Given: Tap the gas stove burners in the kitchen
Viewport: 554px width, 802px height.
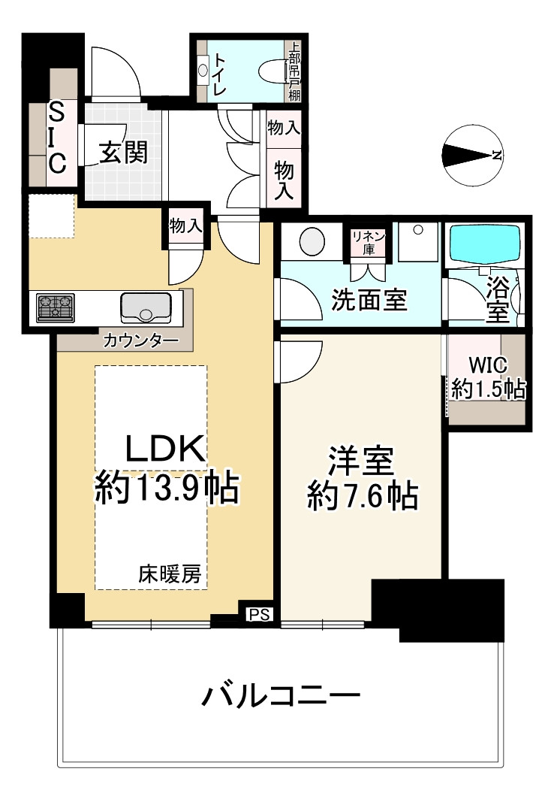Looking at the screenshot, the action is [56, 308].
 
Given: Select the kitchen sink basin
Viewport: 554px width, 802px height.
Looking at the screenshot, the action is [146, 307].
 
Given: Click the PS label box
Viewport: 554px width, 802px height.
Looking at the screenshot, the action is [259, 614].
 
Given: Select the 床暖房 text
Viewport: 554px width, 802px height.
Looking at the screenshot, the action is [170, 574].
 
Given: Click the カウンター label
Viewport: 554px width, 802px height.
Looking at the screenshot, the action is [141, 340].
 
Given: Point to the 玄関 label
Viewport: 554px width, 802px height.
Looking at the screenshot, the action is [124, 153].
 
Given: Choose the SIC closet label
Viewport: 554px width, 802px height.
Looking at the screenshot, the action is [57, 137].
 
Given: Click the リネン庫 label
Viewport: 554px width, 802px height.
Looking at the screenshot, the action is [369, 243].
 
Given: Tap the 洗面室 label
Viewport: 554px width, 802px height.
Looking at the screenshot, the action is [369, 300].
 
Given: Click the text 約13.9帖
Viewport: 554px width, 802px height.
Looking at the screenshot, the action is [167, 489].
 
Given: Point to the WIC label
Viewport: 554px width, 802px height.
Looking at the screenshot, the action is [488, 365].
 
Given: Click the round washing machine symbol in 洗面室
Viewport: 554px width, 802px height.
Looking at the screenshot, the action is [312, 242].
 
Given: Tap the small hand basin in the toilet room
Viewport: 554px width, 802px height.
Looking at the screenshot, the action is [203, 70].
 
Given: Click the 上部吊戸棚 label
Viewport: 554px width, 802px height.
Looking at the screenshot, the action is [294, 71].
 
